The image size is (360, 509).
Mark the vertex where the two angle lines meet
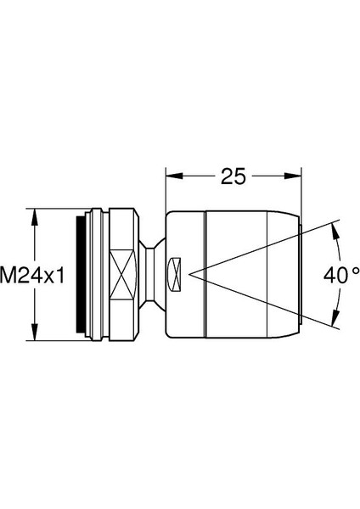point(192,274)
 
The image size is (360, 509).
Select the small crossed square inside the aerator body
point(175,274)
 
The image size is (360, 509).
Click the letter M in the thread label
point(8,275)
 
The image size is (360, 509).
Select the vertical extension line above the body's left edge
point(165,191)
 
